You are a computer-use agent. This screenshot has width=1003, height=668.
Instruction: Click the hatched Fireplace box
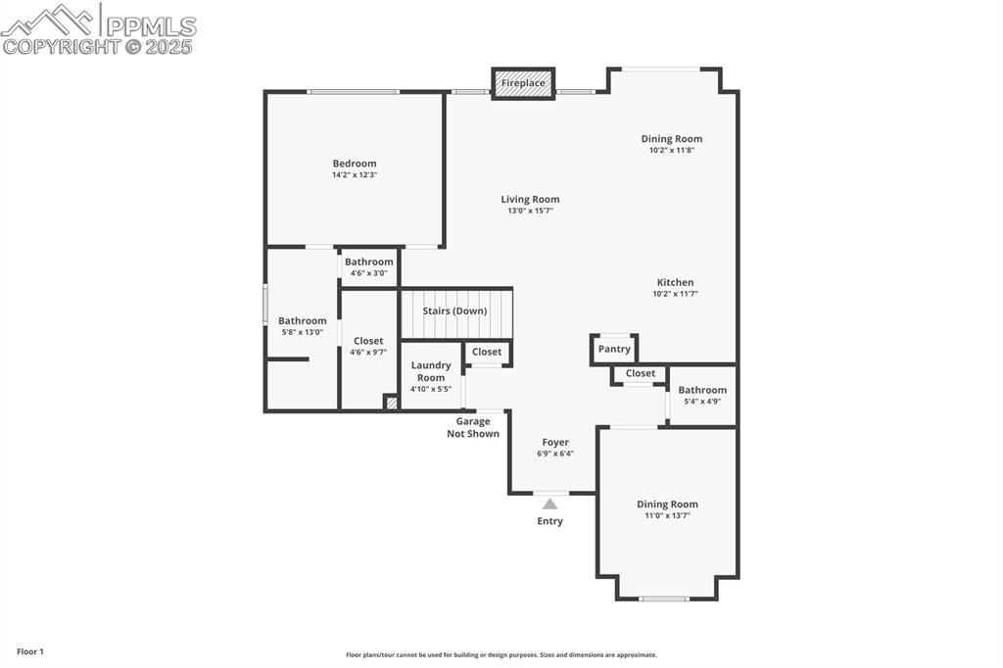pos(523,83)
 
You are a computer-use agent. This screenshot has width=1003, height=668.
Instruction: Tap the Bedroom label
pos(354,164)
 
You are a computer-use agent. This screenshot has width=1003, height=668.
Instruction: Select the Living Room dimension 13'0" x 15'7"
pos(530,211)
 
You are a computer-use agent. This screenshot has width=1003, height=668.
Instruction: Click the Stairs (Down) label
pos(454,311)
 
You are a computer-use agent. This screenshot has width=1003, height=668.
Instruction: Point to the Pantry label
pos(614,349)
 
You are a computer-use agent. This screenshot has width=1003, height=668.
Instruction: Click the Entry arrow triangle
pos(549,503)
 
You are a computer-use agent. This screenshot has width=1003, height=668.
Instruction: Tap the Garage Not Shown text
pos(473,428)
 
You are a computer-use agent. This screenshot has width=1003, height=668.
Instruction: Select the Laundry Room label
pos(431,371)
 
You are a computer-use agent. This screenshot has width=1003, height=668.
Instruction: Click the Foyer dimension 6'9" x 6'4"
pos(555,453)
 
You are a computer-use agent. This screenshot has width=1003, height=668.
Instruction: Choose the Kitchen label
pos(675,282)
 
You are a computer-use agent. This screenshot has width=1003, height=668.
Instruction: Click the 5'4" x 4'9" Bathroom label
pos(702,390)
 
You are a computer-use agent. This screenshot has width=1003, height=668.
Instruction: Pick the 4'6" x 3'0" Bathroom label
pos(368,262)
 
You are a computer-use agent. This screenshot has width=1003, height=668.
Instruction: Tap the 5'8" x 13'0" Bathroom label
pos(302,321)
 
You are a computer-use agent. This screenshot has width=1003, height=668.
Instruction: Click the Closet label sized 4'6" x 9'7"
pos(368,341)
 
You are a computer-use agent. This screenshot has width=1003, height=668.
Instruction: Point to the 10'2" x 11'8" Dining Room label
pos(671,139)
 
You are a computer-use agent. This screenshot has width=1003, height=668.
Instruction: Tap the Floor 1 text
pos(30,651)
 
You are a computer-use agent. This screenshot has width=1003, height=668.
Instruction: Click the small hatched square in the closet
pos(391,402)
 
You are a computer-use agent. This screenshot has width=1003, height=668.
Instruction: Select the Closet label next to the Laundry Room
pos(487,352)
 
